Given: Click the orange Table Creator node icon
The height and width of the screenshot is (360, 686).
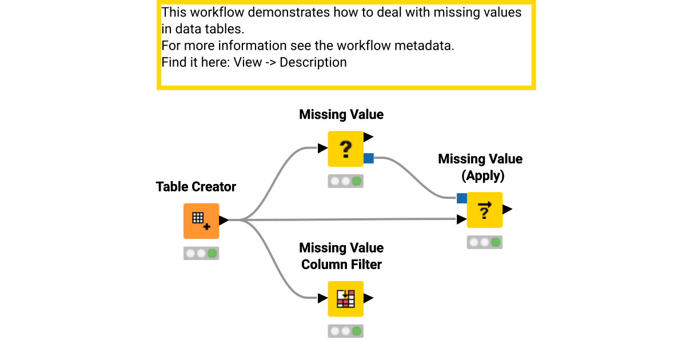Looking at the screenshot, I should pos(201,221).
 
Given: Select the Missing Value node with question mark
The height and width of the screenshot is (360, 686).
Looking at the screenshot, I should pos(345,149).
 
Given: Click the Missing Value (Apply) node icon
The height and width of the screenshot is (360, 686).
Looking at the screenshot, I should pos(485,210).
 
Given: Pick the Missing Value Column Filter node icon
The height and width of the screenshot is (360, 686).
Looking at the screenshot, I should pos(345,298).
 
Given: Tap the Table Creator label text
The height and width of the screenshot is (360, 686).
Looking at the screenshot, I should pos(196,187).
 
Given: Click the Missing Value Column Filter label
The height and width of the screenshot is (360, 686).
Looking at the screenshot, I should pos(341,256).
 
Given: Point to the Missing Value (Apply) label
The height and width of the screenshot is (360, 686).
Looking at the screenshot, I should pos(480,167).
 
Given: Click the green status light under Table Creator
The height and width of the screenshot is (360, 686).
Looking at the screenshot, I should pos(212,253).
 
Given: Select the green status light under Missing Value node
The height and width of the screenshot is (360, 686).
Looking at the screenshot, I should pos(357,181).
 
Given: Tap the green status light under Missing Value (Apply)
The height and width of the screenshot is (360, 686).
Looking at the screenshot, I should pos(496,242).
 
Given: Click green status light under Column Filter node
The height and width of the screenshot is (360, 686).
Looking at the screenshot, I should pos(357,331).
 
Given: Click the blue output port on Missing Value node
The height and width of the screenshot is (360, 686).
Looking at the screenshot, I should pos(369,158).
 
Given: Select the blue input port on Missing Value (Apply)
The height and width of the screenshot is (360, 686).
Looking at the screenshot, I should pos(462,198).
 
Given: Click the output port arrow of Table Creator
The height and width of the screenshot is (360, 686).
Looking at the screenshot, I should pos(224,220).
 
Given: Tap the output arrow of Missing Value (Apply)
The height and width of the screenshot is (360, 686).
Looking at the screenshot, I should pos(507,210).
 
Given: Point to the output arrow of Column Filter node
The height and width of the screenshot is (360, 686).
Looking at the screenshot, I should pos(368,298).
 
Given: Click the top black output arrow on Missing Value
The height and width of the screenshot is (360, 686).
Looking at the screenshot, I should pos(368,137).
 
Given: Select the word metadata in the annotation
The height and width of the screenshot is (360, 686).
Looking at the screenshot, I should pos(424,46).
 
